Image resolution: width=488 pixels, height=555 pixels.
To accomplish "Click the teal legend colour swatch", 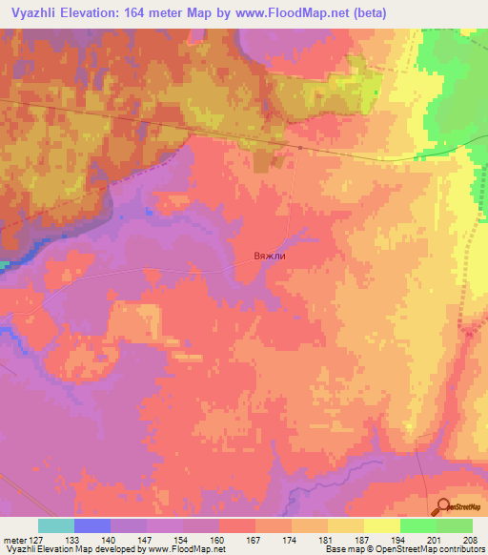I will point(56,525).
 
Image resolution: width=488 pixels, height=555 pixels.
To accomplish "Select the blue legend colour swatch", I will point(92,525).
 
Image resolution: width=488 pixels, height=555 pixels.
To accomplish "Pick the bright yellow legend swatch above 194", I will point(381,525).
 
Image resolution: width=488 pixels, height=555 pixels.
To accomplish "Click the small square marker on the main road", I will point(299,148).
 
